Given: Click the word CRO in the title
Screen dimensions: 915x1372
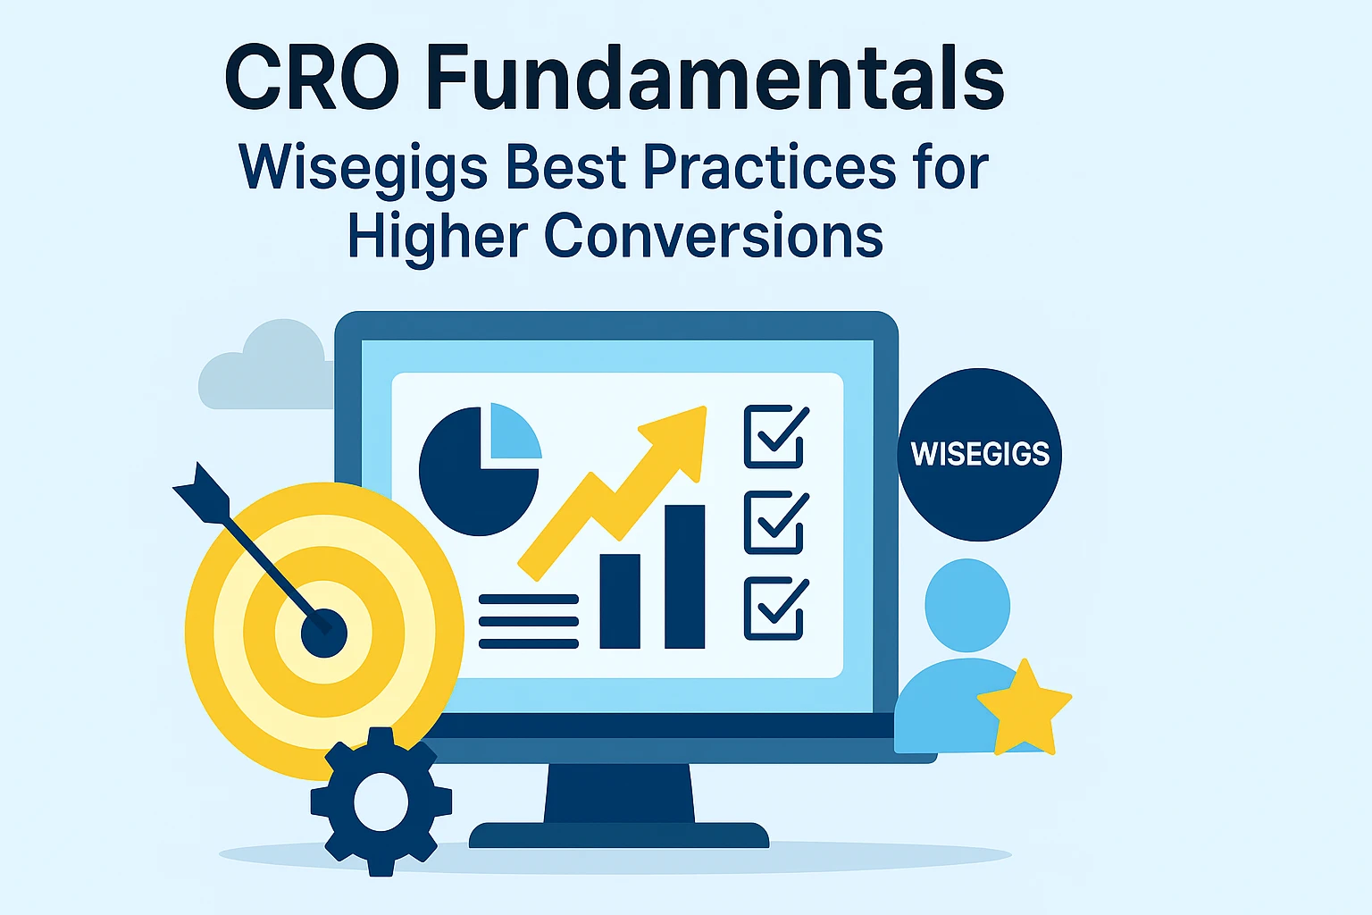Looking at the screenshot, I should click(x=312, y=79).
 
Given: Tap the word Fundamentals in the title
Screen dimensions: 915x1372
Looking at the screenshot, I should click(x=715, y=79).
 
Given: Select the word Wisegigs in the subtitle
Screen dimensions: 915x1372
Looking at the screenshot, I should click(x=363, y=168).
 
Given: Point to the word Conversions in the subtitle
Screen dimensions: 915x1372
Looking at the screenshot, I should click(x=714, y=236).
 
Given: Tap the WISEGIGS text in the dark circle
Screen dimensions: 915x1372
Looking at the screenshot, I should click(x=980, y=454).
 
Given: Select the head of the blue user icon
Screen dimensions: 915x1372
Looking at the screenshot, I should click(x=967, y=605).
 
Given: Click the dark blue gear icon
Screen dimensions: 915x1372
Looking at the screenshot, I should click(x=381, y=802).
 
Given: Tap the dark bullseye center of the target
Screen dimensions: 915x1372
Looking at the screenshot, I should click(x=323, y=633).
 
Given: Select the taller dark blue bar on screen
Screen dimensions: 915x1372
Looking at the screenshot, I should click(x=684, y=576).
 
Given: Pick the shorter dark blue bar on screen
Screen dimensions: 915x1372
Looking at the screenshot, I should click(x=620, y=600).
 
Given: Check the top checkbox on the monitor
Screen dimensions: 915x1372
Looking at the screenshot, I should click(x=774, y=436).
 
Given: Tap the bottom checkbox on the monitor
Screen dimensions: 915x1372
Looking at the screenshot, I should click(x=774, y=609).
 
